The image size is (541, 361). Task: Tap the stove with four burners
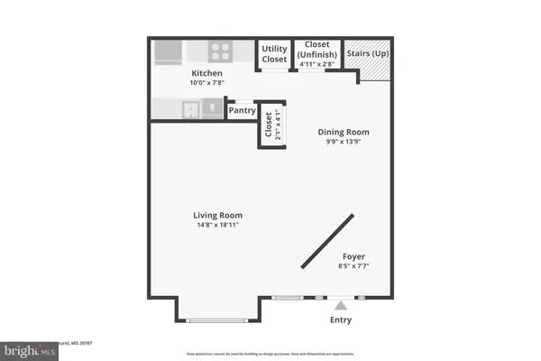221,51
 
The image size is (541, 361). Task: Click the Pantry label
242,111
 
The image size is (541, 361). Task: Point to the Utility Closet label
274,52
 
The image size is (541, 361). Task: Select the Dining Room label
344,132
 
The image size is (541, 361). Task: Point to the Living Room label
217,215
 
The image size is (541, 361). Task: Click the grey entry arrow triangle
340,306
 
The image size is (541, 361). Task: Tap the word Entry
340,320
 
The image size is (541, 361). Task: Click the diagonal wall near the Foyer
327,240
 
